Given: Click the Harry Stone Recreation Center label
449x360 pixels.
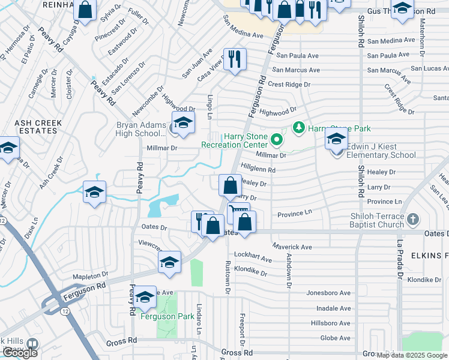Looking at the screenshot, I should (234, 141).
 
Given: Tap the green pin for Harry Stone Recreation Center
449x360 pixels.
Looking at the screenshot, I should (276, 140).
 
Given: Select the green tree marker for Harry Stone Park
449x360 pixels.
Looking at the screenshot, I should (298, 128).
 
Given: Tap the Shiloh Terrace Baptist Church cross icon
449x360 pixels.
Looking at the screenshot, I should (412, 220).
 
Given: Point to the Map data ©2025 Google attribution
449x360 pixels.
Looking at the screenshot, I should (412, 355).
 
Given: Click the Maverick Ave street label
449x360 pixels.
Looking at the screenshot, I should (292, 247).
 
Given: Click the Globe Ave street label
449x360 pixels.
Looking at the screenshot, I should (336, 338).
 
